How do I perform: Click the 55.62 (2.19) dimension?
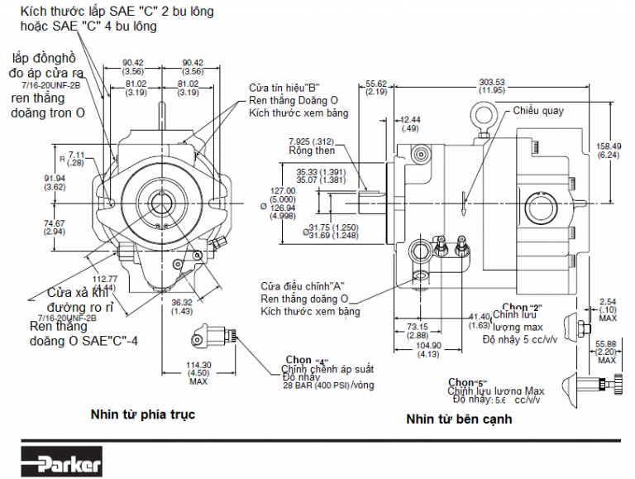pyautogui.click(x=376, y=88)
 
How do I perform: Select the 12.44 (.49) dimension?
pyautogui.click(x=409, y=124)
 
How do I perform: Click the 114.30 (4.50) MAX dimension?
pyautogui.click(x=198, y=373)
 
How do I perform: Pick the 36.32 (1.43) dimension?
pyautogui.click(x=183, y=307)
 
